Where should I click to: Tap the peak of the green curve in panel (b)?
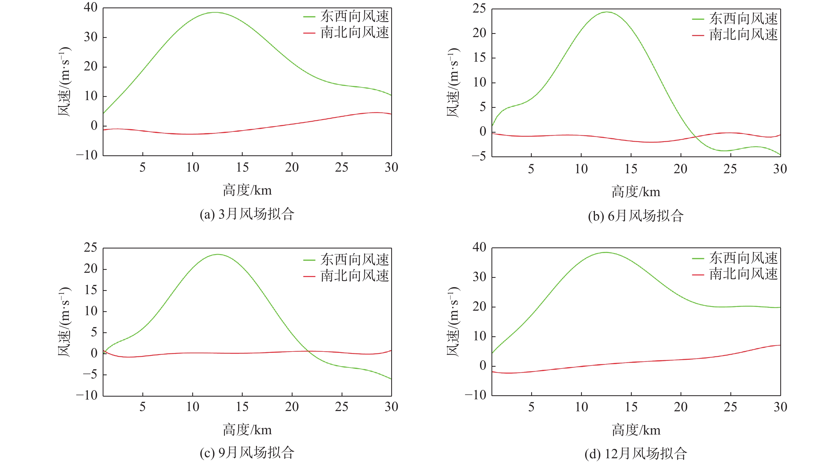tap(607, 12)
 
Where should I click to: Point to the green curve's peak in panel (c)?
tap(218, 255)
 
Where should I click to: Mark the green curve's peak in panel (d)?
tap(606, 252)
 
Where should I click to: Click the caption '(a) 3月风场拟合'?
tap(247, 214)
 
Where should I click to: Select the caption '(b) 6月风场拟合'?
tap(635, 216)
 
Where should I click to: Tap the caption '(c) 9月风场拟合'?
tap(247, 453)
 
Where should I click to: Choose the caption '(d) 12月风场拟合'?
tap(635, 453)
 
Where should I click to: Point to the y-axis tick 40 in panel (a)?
tap(91, 7)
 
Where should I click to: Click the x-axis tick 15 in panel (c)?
tap(242, 407)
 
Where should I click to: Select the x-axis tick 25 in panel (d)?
tap(730, 407)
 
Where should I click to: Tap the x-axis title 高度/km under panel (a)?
tap(247, 190)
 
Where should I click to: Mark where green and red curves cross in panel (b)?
tap(695, 136)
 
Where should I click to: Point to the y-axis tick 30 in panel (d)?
tap(479, 277)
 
